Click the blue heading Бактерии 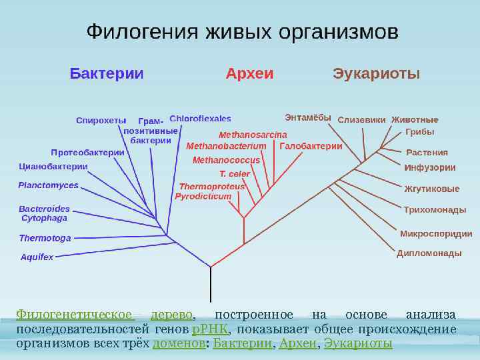tap(107, 73)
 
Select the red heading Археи tap(250, 73)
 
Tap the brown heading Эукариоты tap(377, 73)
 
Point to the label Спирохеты tap(101, 121)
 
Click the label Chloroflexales tap(201, 119)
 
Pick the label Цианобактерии tap(53, 166)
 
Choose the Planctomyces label tap(48, 185)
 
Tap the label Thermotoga tap(45, 238)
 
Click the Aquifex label tap(37, 257)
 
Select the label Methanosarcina tap(239, 135)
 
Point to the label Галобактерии tap(311, 146)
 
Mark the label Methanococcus tap(227, 161)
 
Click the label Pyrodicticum tap(203, 197)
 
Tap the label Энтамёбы tap(308, 118)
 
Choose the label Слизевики tap(362, 121)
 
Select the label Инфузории tap(430, 168)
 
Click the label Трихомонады tap(435, 210)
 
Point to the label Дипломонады tap(429, 253)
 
